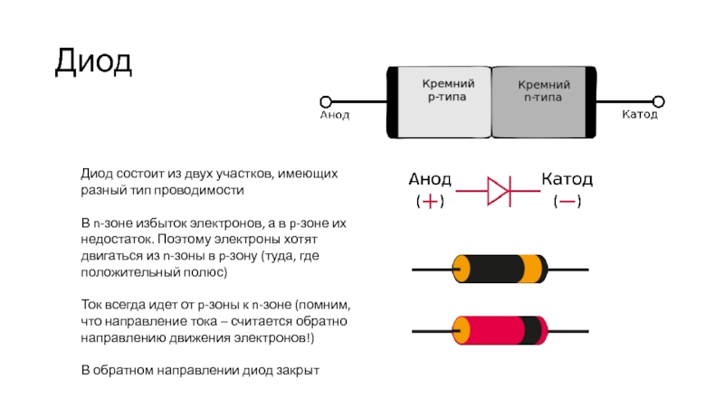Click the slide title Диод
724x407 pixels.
point(94,62)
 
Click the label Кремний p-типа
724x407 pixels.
point(448,90)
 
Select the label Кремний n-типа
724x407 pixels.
point(544,90)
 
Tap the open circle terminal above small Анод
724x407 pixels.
point(326,101)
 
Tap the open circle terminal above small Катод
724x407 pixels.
point(659,101)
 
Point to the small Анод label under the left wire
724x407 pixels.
point(335,115)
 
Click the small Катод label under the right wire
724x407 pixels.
point(640,114)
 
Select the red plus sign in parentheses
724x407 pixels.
point(430,202)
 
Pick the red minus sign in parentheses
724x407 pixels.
point(567,201)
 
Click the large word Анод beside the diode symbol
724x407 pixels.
point(429,179)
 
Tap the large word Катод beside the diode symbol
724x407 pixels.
point(567,178)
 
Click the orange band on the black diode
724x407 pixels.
point(532,269)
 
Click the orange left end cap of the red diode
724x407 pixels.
point(461,330)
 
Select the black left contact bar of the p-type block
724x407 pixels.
point(392,102)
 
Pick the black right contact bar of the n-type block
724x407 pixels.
point(591,102)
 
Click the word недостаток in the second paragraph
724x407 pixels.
point(118,240)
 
